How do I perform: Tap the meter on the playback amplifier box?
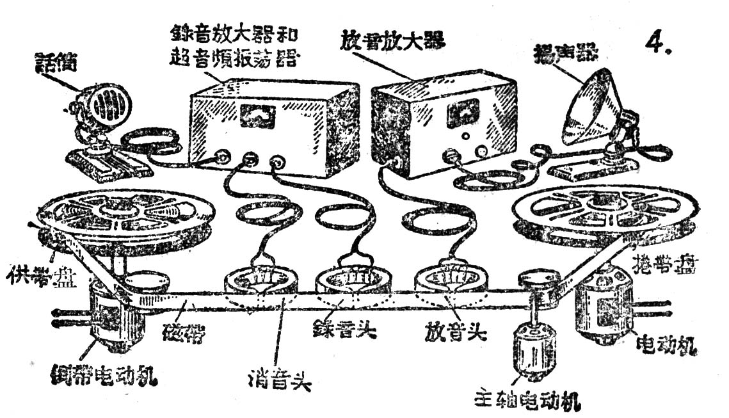pyautogui.click(x=463, y=114)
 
